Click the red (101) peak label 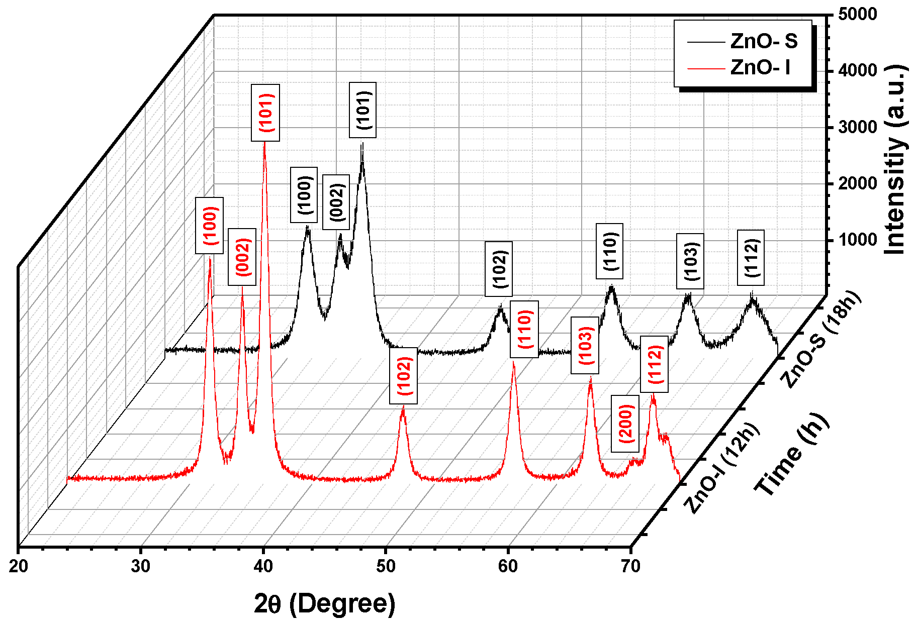pyautogui.click(x=265, y=113)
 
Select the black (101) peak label pyautogui.click(x=362, y=110)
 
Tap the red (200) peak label pyautogui.click(x=625, y=424)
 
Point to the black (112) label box pyautogui.click(x=751, y=258)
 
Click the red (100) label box pyautogui.click(x=209, y=226)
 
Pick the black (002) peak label pyautogui.click(x=336, y=202)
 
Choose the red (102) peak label pyautogui.click(x=403, y=376)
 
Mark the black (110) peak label pyautogui.click(x=609, y=251)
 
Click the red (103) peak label pyautogui.click(x=585, y=346)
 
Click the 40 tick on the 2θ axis pyautogui.click(x=263, y=566)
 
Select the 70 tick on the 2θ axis pyautogui.click(x=630, y=566)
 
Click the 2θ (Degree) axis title pyautogui.click(x=325, y=603)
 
